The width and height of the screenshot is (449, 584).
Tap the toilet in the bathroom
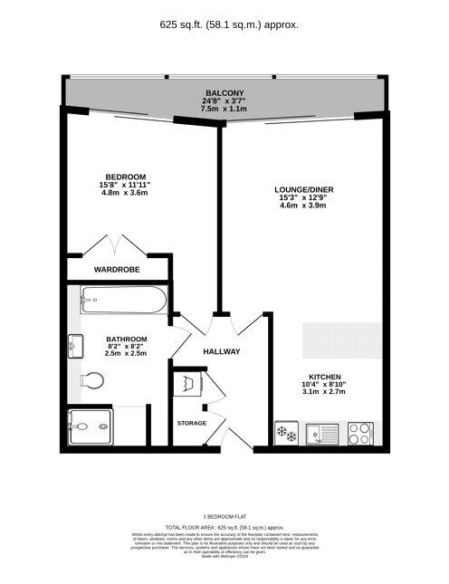pyautogui.click(x=91, y=379)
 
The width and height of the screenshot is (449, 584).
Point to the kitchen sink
pyautogui.click(x=320, y=434)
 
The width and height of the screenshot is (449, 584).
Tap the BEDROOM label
pyautogui.click(x=125, y=177)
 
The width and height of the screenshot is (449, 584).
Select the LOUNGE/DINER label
pyautogui.click(x=301, y=189)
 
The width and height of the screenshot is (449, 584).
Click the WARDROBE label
pyautogui.click(x=117, y=269)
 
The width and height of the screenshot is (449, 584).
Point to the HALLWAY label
pyautogui.click(x=221, y=351)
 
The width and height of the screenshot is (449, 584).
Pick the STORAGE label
pyautogui.click(x=191, y=423)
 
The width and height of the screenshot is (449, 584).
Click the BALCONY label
pyautogui.click(x=224, y=93)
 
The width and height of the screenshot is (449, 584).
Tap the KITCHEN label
pyautogui.click(x=323, y=376)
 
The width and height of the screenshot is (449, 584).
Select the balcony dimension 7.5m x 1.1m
pyautogui.click(x=224, y=110)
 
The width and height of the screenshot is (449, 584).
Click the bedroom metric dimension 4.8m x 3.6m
pyautogui.click(x=125, y=193)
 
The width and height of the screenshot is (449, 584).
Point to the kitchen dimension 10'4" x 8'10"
pyautogui.click(x=323, y=384)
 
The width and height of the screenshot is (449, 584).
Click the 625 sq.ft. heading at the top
pyautogui.click(x=224, y=24)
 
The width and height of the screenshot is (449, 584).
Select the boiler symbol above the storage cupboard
pyautogui.click(x=188, y=383)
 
